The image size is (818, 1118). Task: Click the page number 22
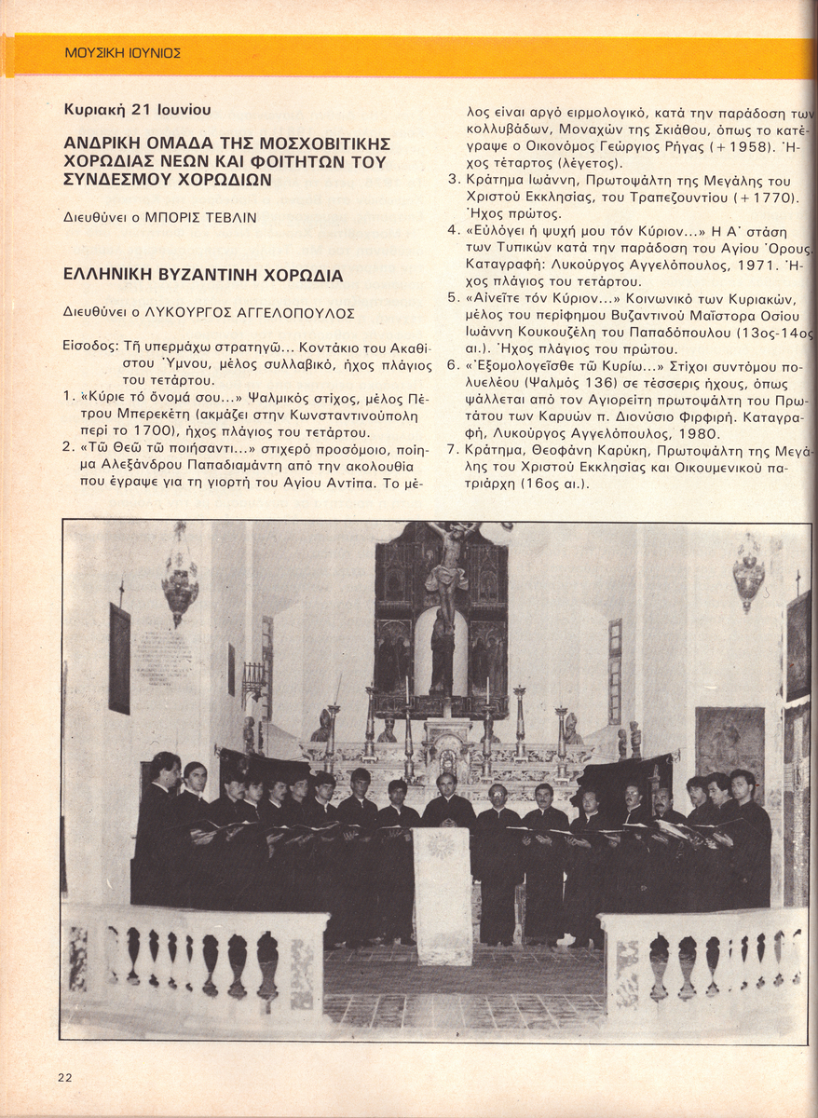[x=64, y=1077]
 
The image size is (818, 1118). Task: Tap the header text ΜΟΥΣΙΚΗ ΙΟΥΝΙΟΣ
[x=123, y=53]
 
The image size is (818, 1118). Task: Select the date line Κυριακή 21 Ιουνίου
[x=138, y=110]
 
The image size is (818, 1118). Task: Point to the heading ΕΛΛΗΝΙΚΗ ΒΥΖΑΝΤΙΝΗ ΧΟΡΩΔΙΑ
[x=203, y=276]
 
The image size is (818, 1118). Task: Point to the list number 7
[x=452, y=451]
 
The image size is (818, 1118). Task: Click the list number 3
[x=453, y=181]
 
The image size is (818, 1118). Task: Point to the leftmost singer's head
[x=166, y=768]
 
